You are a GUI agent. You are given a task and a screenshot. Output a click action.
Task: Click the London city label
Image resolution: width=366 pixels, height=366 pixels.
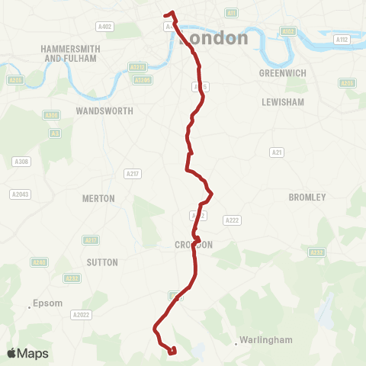(x=215, y=38)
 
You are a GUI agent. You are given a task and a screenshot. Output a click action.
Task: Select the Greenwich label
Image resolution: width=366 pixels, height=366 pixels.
(x=282, y=74)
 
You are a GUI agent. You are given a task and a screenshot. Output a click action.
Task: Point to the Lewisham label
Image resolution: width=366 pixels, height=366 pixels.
(x=283, y=101)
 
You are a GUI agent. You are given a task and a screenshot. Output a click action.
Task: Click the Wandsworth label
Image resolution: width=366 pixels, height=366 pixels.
(x=104, y=111)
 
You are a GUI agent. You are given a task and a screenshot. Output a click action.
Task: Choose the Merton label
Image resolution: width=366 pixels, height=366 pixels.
(x=98, y=198)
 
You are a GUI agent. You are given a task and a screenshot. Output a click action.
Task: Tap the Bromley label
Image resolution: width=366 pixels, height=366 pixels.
(x=307, y=197)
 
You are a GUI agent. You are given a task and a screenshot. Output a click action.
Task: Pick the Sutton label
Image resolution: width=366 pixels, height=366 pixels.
(x=103, y=262)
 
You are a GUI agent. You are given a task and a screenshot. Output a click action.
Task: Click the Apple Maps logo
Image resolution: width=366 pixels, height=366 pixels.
(x=27, y=353)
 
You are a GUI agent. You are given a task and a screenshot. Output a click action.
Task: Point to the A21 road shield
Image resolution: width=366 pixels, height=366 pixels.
(x=278, y=152)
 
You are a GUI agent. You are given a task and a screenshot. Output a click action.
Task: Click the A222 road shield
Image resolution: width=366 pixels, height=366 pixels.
(x=232, y=220)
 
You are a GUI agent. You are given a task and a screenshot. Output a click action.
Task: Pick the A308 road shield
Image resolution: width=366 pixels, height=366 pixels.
(x=21, y=162)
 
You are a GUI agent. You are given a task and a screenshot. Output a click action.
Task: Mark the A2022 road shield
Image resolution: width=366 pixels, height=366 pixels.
(x=81, y=314)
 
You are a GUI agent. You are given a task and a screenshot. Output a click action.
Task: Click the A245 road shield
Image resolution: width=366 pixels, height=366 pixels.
(x=38, y=262)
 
